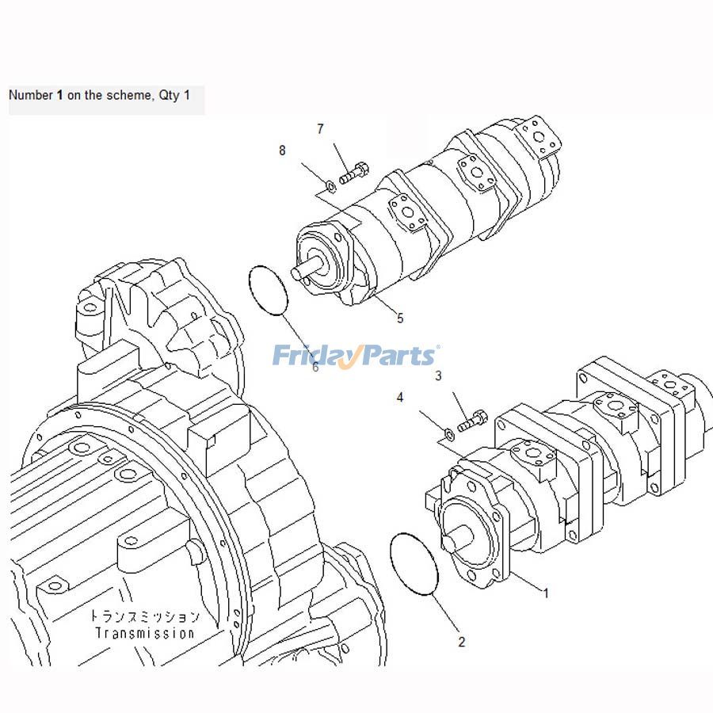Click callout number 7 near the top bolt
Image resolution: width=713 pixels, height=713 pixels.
coord(320,128)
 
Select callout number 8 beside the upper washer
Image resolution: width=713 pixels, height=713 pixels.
coord(282,151)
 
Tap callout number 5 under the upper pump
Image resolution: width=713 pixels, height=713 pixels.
coord(400,318)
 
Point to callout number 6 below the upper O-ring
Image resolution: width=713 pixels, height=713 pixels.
coord(315,367)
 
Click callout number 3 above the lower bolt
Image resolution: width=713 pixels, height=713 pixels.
coord(438,376)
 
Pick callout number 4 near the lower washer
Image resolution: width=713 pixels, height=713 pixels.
coord(400,397)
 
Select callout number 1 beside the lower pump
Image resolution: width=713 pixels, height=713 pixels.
coord(545,592)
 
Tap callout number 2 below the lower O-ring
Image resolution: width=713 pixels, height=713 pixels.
coord(462,642)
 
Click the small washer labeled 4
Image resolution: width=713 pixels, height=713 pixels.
coord(447,433)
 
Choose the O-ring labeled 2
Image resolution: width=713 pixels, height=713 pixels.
coord(414,563)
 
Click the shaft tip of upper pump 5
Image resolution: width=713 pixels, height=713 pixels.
coord(298,273)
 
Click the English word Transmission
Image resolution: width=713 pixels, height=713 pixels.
coord(144,633)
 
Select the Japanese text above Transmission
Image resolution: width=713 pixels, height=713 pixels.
coord(144,616)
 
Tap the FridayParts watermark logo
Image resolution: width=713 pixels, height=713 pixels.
coord(356,356)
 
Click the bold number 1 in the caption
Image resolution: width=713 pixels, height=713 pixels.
coord(60,95)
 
